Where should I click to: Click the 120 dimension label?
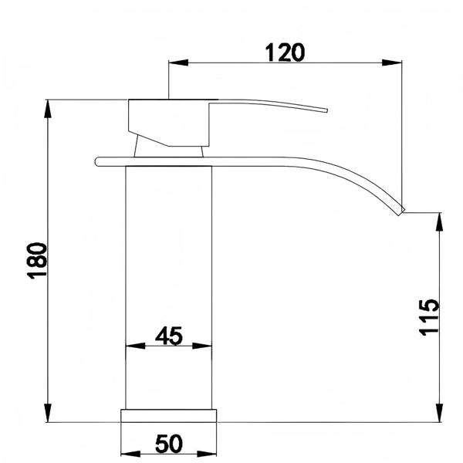coord(285,52)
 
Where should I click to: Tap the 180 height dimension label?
coord(37,261)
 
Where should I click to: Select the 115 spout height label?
coord(429,317)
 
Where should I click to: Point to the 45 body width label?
coord(169,336)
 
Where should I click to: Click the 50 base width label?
coord(169,443)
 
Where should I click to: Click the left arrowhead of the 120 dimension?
coord(178,63)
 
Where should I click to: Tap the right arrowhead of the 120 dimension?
coord(391,63)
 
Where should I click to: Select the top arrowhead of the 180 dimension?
coord(48,110)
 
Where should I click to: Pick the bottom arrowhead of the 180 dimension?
coord(48,413)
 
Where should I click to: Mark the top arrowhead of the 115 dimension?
coord(440,222)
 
